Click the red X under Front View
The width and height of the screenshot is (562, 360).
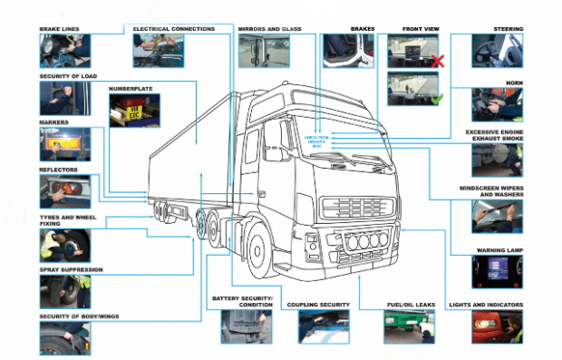point(436,62)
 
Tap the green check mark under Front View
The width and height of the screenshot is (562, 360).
point(436,98)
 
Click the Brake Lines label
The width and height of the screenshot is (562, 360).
point(60,30)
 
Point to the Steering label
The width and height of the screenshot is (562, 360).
point(508,30)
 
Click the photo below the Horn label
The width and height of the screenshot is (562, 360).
point(497,105)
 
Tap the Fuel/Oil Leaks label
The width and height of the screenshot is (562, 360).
point(410,306)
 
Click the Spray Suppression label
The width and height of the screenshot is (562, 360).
point(71,269)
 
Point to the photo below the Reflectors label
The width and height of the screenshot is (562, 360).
point(64,192)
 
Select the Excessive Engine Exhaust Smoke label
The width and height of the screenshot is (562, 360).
point(494,134)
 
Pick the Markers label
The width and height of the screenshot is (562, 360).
point(54,122)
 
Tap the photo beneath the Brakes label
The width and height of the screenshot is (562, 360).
point(348,51)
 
